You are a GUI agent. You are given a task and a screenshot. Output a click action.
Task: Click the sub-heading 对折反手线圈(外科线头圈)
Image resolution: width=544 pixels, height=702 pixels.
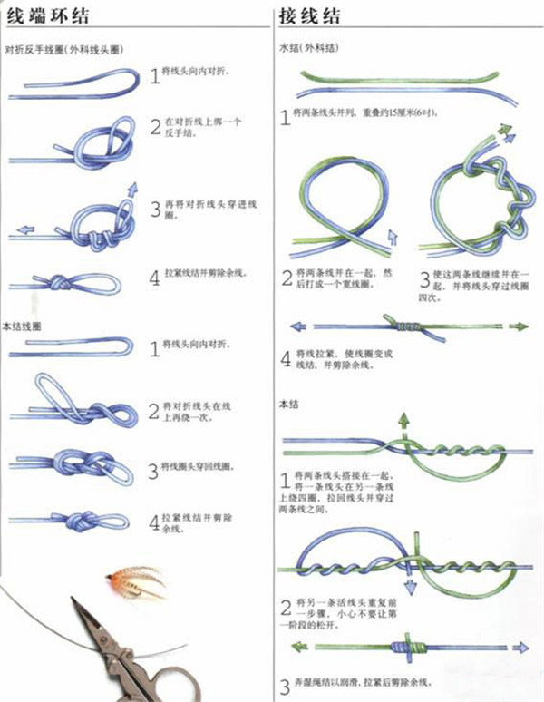[x=63, y=48]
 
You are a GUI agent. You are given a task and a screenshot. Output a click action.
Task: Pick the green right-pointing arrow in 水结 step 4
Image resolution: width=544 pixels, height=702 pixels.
[x=519, y=327]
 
